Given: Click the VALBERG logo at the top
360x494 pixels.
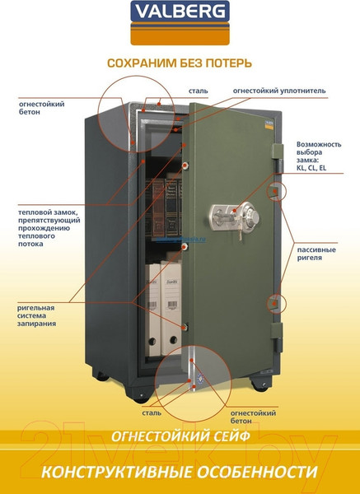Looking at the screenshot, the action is point(180,23).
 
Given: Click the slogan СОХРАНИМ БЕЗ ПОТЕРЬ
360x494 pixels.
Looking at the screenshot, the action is point(180,63).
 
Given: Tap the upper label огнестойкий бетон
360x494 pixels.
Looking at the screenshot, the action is point(42,108).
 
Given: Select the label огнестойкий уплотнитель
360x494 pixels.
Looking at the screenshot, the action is point(279,91).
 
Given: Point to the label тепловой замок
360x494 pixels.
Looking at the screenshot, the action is point(49,228).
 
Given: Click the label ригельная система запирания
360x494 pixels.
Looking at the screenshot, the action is point(36,315).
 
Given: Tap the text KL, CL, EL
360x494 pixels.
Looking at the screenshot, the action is point(311,168).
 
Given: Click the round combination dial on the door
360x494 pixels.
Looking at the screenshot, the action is point(251,217).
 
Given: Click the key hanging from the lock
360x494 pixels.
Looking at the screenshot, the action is point(241,235).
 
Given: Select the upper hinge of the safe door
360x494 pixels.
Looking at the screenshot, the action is point(278,158).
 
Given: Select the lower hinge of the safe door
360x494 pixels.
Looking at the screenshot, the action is point(277,338).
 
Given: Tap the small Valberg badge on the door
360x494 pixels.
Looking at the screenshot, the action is point(269,123).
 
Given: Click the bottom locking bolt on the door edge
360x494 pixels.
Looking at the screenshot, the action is point(185,327).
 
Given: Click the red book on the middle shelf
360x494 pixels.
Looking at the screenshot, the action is point(158,209).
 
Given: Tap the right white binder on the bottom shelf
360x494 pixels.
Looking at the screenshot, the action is point(171,308).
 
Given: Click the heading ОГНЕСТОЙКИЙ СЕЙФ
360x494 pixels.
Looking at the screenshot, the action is point(180,436).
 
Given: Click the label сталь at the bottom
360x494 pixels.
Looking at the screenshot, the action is point(152,412).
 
